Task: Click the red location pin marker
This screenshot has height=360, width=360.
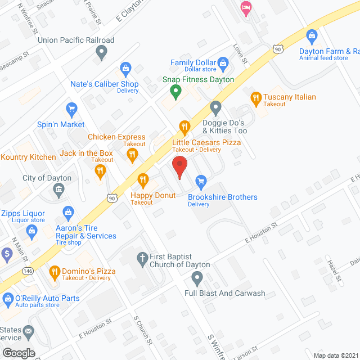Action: click(x=179, y=167)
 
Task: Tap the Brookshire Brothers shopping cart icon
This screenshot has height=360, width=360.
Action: click(x=200, y=182)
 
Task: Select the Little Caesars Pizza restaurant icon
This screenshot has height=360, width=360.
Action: click(x=183, y=127)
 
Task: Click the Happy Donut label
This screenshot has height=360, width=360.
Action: click(x=154, y=195)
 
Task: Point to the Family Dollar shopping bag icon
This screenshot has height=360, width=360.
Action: click(x=223, y=62)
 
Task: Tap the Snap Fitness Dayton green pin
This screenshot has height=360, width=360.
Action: click(x=175, y=90)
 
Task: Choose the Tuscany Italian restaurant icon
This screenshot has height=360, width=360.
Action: click(x=256, y=97)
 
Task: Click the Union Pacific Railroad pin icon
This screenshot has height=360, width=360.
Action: click(x=101, y=52)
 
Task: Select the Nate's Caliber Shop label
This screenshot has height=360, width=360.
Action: click(x=105, y=84)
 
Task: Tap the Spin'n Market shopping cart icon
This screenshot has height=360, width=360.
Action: click(x=71, y=109)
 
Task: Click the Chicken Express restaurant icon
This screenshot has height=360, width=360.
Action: click(x=133, y=155)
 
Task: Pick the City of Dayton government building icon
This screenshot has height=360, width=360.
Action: click(x=59, y=191)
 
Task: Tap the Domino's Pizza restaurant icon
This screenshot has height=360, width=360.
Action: click(x=55, y=272)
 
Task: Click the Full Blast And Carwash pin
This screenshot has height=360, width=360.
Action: click(x=197, y=278)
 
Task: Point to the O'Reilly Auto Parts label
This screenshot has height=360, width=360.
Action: click(x=47, y=298)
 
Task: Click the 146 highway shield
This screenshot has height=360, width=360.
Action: click(x=28, y=271)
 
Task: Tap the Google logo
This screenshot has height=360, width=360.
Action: click(x=19, y=353)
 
